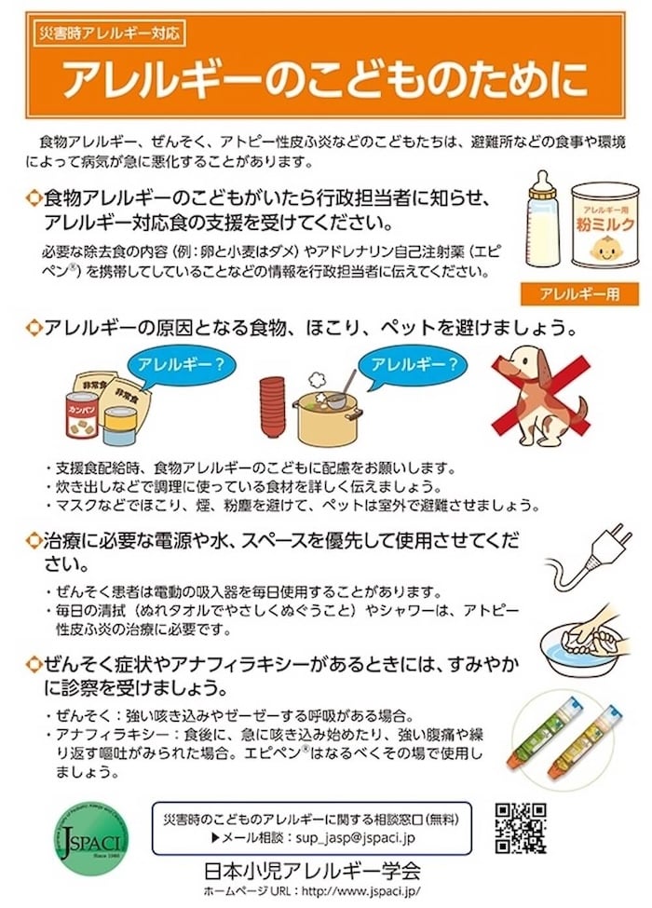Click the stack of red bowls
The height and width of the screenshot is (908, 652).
pos(272,407)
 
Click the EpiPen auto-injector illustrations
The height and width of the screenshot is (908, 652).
pos(567,737)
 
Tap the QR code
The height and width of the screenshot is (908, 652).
pos(519,827)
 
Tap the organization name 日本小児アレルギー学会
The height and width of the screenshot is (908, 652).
pos(312,872)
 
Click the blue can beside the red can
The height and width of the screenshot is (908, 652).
pos(120,427)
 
